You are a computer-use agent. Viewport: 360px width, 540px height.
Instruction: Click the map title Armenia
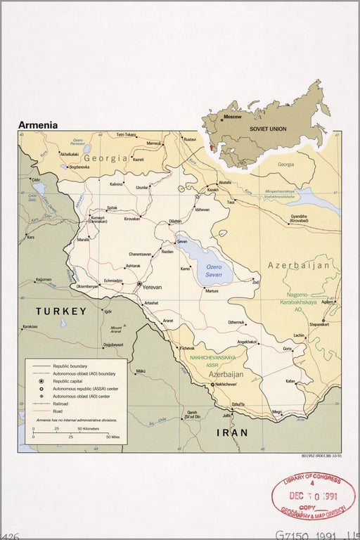(x=38, y=125)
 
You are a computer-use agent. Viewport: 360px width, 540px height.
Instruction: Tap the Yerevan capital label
(x=152, y=287)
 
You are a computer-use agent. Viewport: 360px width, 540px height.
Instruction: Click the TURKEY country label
(x=62, y=311)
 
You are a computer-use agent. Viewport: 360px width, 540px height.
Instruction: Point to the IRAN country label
(x=232, y=432)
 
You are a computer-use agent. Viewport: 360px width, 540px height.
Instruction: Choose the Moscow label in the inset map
(x=232, y=117)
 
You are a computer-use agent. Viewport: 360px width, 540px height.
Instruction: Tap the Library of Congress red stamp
(x=313, y=496)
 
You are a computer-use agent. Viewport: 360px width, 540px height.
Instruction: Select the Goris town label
(x=287, y=348)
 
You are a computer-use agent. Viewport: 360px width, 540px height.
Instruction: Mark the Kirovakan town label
(x=132, y=219)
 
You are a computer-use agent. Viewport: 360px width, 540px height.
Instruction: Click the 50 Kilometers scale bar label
(x=88, y=427)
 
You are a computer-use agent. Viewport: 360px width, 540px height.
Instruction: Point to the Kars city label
(x=30, y=237)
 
